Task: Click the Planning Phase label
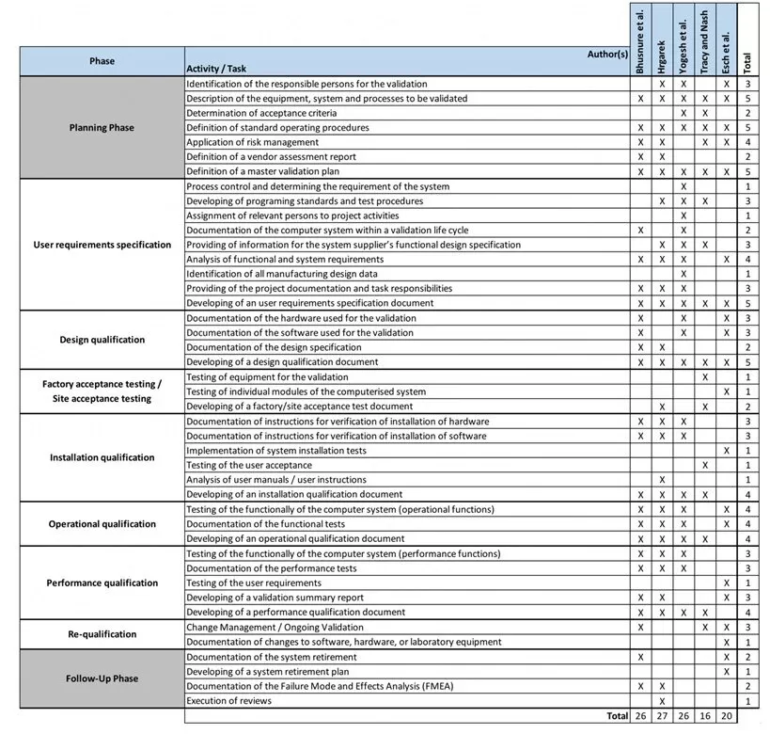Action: coord(102,128)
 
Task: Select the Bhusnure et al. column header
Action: coord(640,43)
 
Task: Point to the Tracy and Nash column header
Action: coord(704,43)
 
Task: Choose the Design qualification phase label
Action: coord(102,340)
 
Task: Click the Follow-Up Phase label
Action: coord(102,678)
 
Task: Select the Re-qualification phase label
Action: coord(102,634)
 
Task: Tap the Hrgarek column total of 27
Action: coord(662,716)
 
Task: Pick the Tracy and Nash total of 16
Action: coord(704,716)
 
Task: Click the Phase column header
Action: coord(102,61)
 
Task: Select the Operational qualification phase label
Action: coord(102,524)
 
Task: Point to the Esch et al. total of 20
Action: coord(726,716)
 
